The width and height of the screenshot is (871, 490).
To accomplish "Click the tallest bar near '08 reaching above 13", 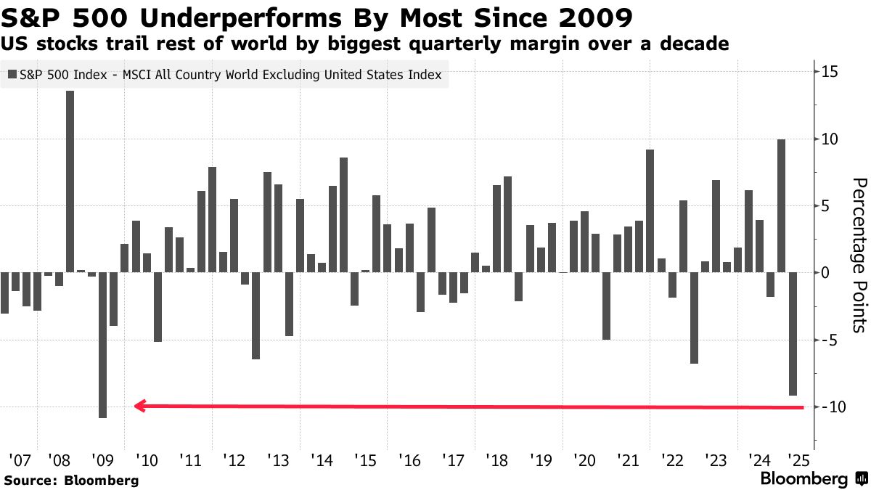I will (70, 192).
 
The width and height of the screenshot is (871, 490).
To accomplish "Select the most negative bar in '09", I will (103, 355).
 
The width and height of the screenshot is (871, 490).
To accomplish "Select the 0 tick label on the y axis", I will (826, 272).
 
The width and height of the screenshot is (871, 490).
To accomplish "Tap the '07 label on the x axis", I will (20, 460).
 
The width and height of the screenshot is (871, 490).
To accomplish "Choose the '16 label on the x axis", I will (410, 460).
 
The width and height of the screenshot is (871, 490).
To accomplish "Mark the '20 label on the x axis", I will (584, 460).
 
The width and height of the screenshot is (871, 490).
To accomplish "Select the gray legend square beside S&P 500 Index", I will (12, 74).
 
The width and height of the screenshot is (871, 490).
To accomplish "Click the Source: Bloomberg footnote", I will (71, 480).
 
